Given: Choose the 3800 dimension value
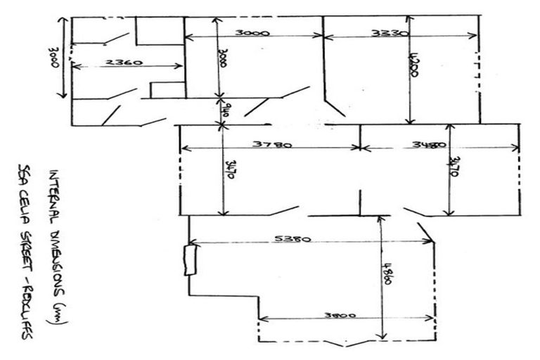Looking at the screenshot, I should pos(339,316).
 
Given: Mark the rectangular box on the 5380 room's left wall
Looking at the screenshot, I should pos(189,260).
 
